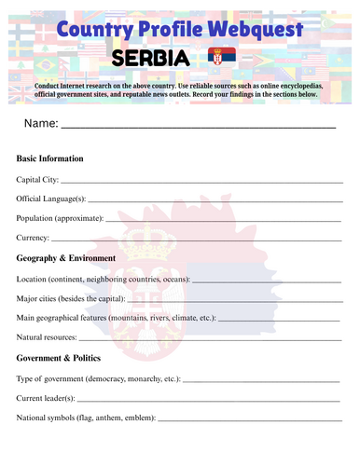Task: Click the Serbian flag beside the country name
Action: tap(222, 59)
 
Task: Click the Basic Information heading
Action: tap(50, 158)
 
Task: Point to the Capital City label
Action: tap(37, 178)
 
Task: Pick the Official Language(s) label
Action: tap(51, 199)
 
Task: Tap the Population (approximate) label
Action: tap(61, 218)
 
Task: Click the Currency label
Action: tap(34, 238)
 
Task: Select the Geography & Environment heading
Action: tap(66, 257)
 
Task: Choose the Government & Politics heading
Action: tap(62, 358)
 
